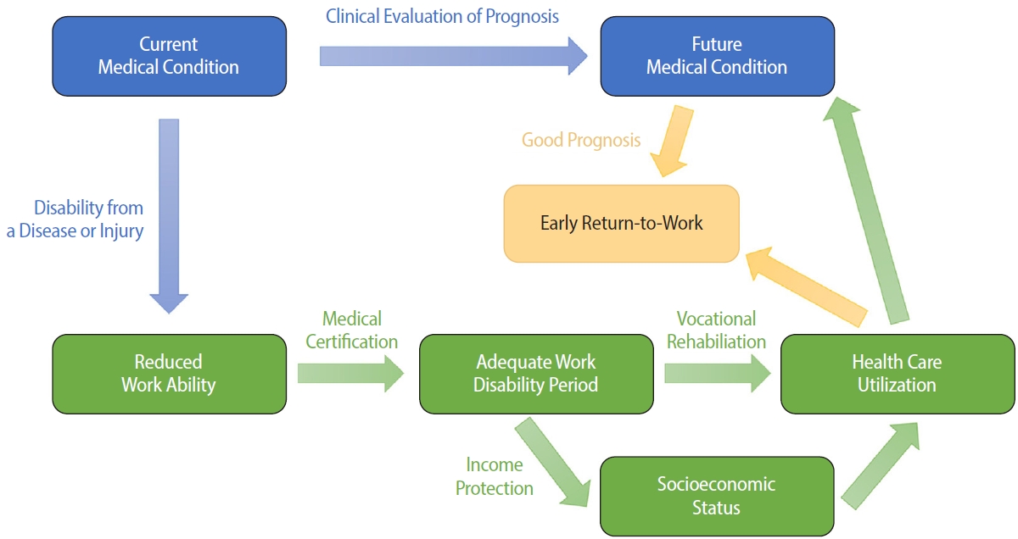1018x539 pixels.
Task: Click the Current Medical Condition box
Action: click(x=169, y=56)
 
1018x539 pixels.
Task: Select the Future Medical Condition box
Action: click(x=717, y=56)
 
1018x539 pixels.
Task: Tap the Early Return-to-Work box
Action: click(x=621, y=224)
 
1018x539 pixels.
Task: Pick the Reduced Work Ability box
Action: click(x=169, y=374)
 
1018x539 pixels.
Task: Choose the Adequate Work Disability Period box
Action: click(x=536, y=374)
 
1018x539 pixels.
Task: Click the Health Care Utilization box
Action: click(x=897, y=374)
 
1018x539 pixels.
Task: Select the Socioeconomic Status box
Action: click(x=716, y=497)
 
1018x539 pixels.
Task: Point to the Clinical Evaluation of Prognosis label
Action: click(x=442, y=16)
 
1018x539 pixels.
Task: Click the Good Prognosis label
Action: click(x=581, y=140)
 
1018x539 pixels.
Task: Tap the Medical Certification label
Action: click(x=351, y=330)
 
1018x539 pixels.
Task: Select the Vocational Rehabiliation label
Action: click(x=716, y=330)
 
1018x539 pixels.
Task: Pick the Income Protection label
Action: click(x=495, y=476)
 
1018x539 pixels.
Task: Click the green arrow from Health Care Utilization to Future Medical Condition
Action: click(x=870, y=212)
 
